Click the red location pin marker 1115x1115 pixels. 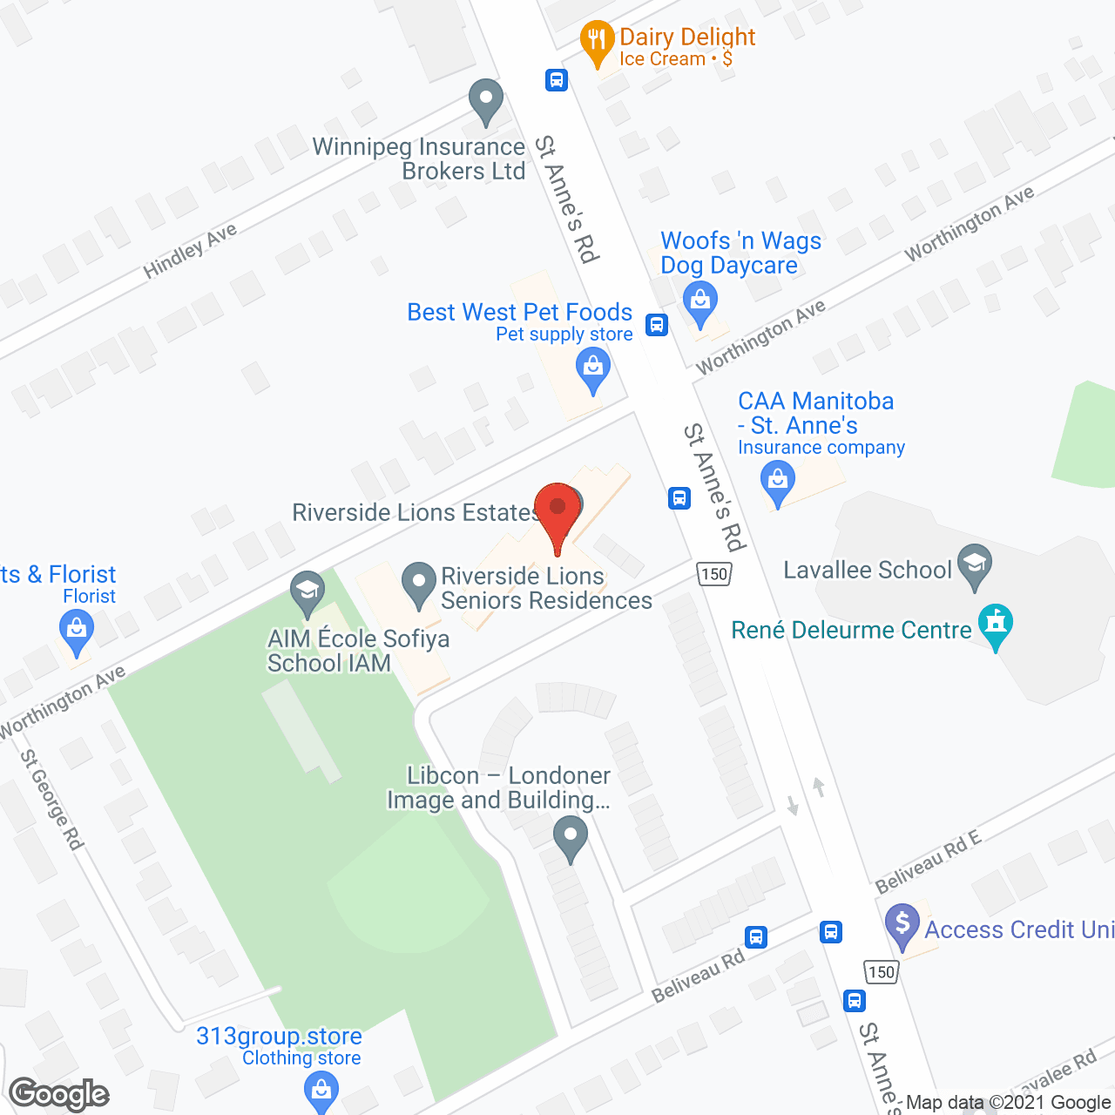557,510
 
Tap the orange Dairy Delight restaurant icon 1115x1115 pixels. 597,41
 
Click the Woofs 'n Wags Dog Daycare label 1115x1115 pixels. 740,253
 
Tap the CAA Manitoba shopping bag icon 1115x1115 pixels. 777,480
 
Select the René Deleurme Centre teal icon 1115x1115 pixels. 996,624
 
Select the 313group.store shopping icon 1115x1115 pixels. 321,1090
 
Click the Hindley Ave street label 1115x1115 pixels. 190,251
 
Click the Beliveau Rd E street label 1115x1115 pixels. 928,862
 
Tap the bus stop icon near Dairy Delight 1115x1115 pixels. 557,80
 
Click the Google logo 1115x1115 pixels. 59,1094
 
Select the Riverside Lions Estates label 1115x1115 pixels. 416,512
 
